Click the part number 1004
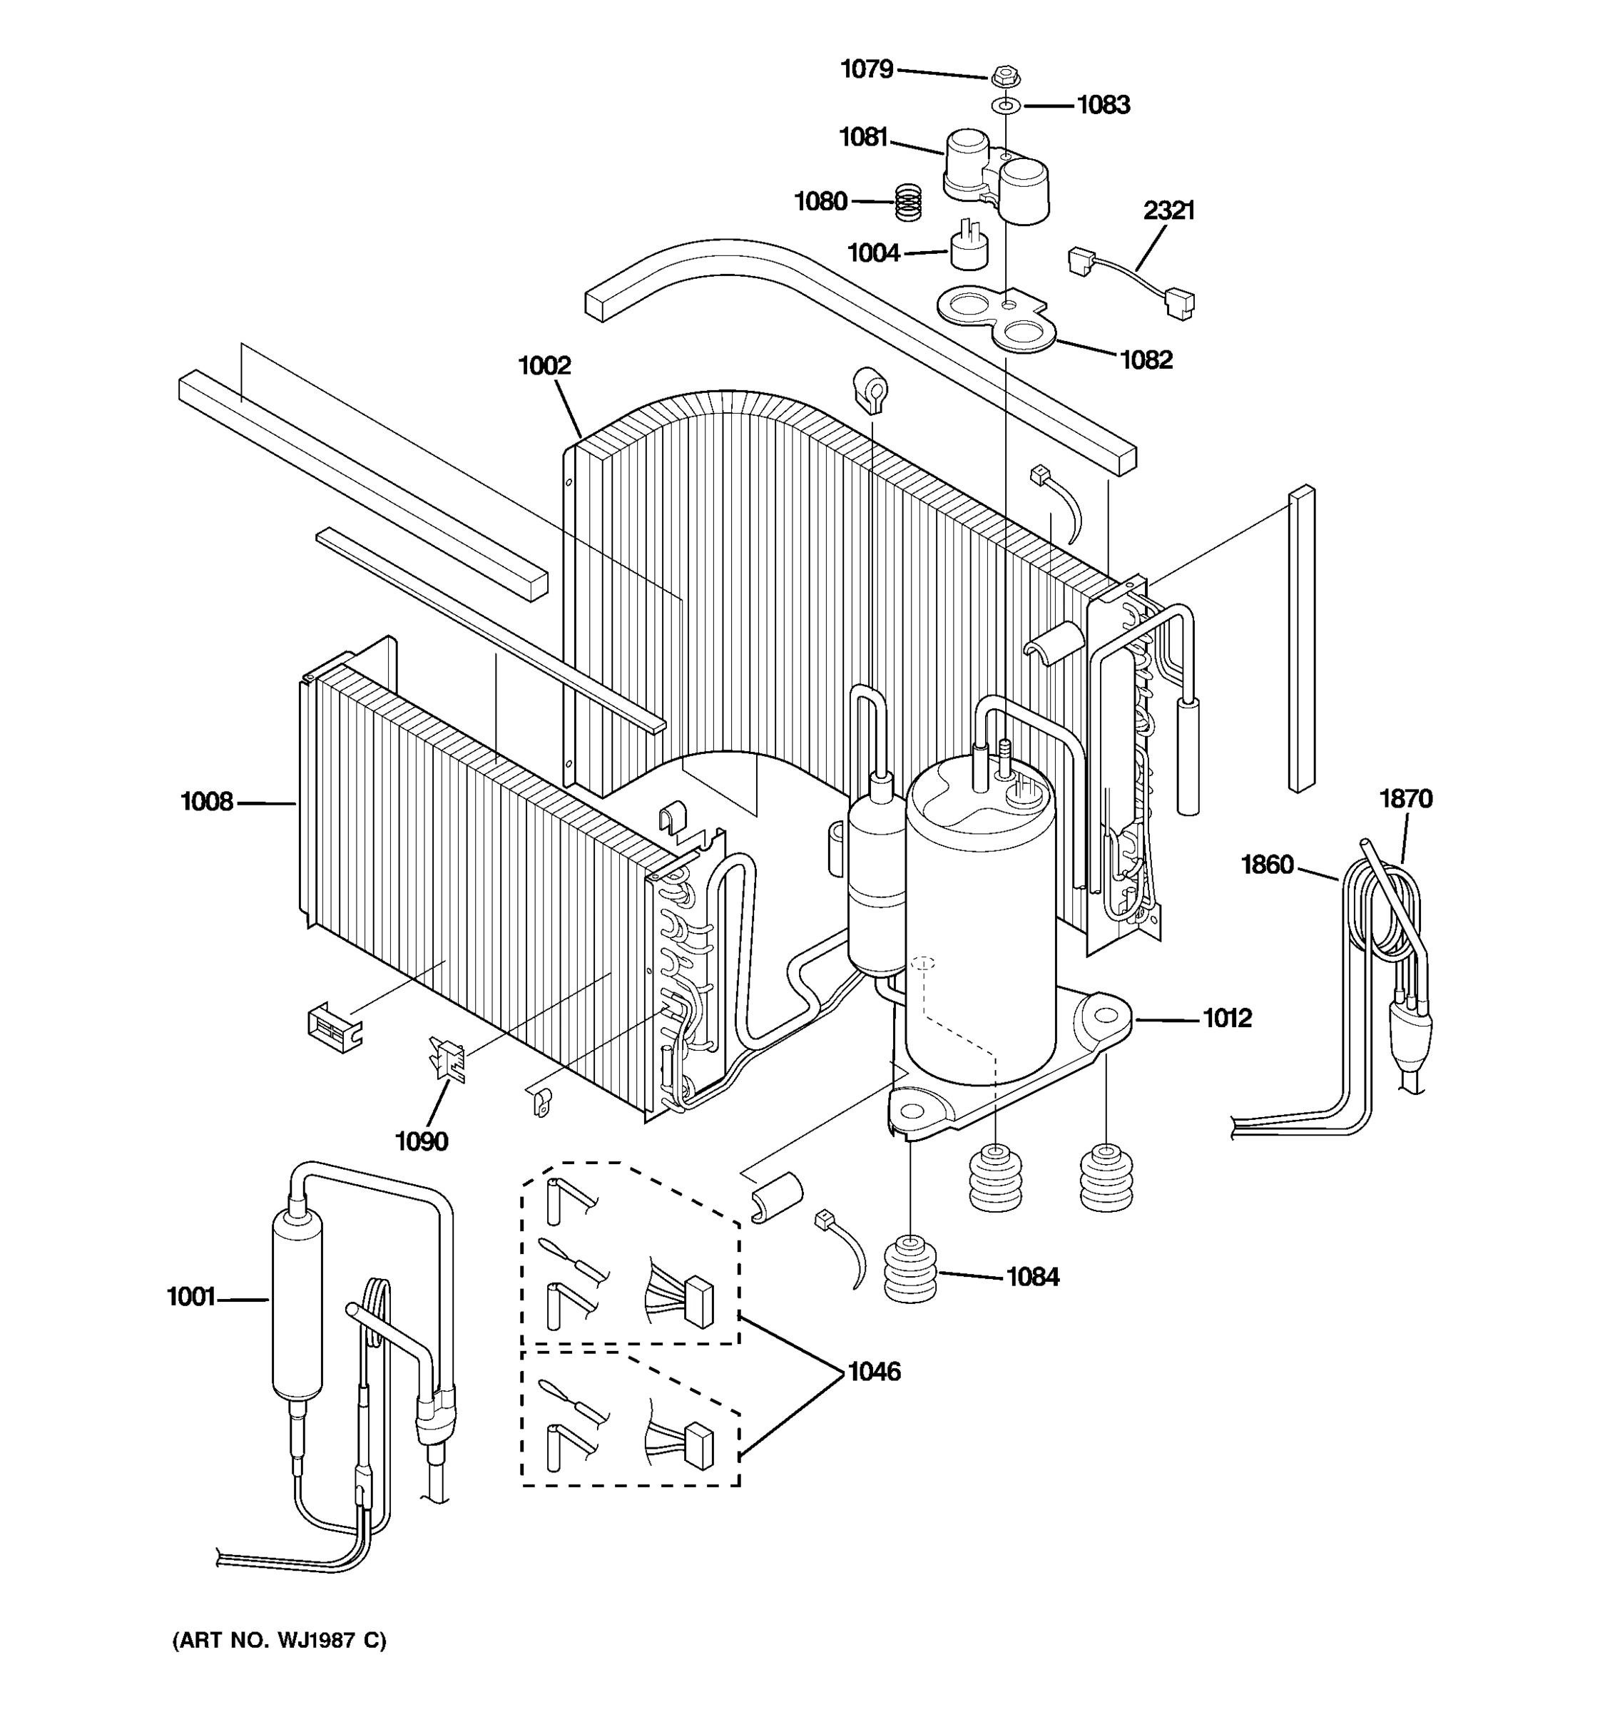coord(873,253)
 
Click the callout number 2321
coord(1168,210)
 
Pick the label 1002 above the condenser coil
coord(544,366)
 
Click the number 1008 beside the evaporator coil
coord(207,802)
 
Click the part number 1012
coord(1226,1018)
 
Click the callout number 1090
coord(421,1141)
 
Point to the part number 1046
coord(874,1371)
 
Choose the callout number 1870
coord(1405,798)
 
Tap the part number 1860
coord(1267,864)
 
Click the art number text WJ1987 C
coord(280,1640)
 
